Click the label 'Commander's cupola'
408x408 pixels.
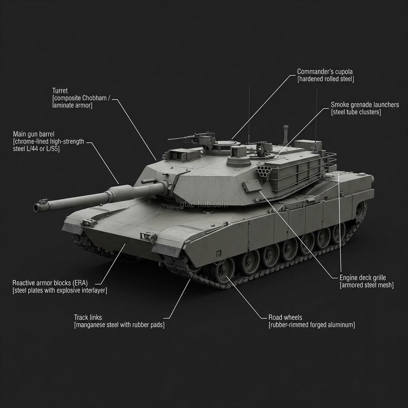(325, 72)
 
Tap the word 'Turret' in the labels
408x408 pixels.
(60, 90)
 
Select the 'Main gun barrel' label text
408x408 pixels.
(33, 134)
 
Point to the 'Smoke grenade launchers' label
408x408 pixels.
(365, 105)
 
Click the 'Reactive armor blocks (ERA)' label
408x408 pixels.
(50, 283)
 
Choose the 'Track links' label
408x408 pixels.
(88, 318)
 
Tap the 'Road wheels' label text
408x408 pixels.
(285, 318)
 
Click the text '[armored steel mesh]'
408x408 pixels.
(367, 285)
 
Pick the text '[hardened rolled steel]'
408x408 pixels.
(326, 79)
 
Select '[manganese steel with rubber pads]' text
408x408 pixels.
(119, 325)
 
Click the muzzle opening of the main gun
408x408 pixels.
(37, 208)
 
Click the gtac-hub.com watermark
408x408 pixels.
(204, 204)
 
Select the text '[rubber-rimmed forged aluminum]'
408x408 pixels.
(312, 325)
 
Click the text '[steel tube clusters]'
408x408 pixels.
(356, 112)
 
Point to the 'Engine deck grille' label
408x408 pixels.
(363, 278)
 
